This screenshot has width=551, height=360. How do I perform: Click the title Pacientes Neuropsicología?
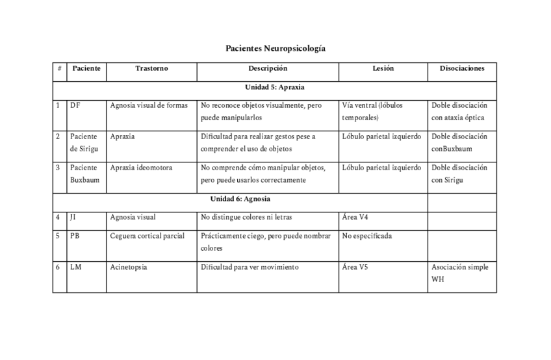pyautogui.click(x=275, y=49)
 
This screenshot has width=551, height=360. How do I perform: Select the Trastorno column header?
pyautogui.click(x=151, y=68)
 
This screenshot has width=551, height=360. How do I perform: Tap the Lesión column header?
pyautogui.click(x=383, y=68)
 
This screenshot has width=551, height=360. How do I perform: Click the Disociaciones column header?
pyautogui.click(x=461, y=68)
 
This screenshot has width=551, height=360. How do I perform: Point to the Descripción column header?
pyautogui.click(x=267, y=68)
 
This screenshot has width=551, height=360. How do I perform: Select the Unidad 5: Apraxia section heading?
pyautogui.click(x=274, y=86)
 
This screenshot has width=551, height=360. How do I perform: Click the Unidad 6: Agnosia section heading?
pyautogui.click(x=240, y=199)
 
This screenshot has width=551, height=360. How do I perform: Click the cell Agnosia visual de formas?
pyautogui.click(x=149, y=105)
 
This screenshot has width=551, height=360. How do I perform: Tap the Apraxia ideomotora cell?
pyautogui.click(x=141, y=168)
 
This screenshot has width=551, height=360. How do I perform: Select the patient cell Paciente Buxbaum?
pyautogui.click(x=85, y=174)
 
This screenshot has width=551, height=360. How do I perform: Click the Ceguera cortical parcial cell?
pyautogui.click(x=147, y=236)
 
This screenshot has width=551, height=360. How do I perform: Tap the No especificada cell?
pyautogui.click(x=367, y=236)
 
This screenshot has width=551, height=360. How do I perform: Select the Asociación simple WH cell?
pyautogui.click(x=459, y=273)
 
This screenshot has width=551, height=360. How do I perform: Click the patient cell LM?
pyautogui.click(x=75, y=267)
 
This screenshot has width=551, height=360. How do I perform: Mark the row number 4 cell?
pyautogui.click(x=58, y=217)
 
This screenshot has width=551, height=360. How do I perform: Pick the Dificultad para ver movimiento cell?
pyautogui.click(x=250, y=267)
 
